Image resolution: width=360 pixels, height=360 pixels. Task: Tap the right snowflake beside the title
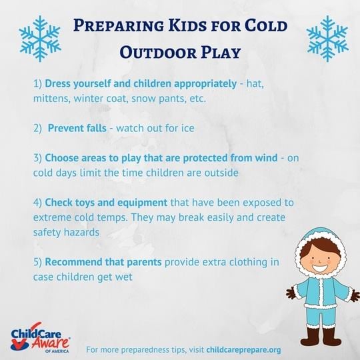click(327, 38)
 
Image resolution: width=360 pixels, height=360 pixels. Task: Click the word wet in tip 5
click(125, 275)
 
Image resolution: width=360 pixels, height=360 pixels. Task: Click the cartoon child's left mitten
click(290, 292)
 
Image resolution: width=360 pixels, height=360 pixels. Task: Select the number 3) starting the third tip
click(37, 158)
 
